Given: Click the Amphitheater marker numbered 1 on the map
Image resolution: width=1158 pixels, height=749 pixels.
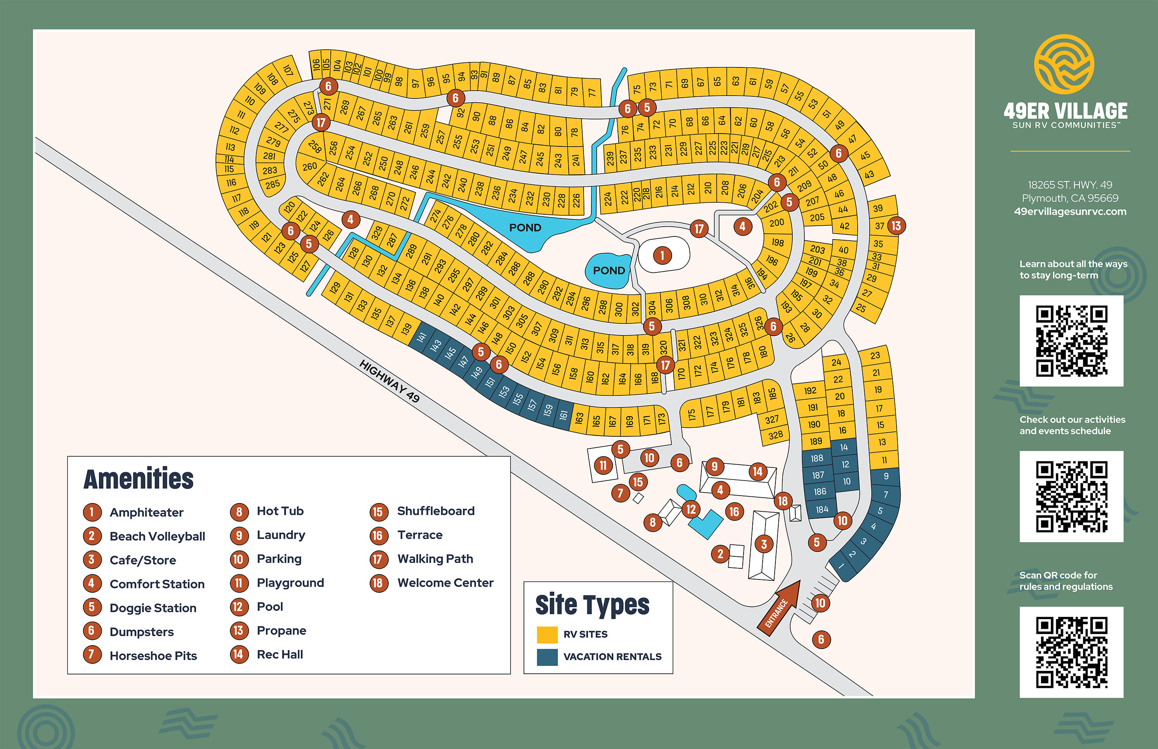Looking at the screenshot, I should (x=662, y=255).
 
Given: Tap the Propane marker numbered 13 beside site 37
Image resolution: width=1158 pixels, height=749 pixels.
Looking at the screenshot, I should (x=896, y=226).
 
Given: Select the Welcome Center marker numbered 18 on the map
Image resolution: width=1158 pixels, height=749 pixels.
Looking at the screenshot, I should (x=782, y=501).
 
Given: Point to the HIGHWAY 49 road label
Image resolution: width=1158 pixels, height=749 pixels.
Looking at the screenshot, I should (x=389, y=381).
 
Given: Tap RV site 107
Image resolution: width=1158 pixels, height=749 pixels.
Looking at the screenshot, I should (x=288, y=70).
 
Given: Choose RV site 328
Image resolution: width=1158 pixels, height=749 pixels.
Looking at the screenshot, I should (x=775, y=435).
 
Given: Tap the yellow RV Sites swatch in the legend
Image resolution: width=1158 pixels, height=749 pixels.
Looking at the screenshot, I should (x=547, y=635).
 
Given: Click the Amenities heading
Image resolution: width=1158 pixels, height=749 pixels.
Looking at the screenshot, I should (x=139, y=479).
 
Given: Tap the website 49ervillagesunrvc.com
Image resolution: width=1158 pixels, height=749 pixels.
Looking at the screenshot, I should (x=1070, y=212).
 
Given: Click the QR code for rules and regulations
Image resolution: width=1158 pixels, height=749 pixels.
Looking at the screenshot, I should (x=1072, y=652).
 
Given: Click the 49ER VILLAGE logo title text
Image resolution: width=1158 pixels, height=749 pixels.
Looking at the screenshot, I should (x=1065, y=111).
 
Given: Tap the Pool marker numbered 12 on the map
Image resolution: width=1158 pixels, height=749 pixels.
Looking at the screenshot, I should (x=691, y=510).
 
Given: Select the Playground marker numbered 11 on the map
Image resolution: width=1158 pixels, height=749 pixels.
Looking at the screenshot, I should (x=603, y=465).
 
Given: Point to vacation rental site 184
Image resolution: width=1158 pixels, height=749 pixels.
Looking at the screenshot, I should (x=822, y=509).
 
